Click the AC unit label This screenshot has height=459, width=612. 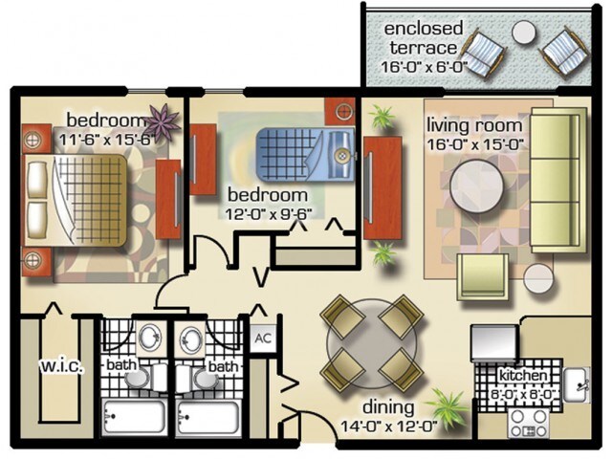(263, 338)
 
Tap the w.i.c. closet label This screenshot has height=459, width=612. (61, 366)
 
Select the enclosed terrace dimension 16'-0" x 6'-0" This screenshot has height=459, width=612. (425, 67)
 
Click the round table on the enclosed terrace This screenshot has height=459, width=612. (524, 33)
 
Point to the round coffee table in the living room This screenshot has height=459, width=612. (476, 186)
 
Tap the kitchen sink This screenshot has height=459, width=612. (577, 384)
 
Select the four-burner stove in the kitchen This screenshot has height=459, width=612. (529, 424)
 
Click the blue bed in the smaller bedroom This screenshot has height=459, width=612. (305, 156)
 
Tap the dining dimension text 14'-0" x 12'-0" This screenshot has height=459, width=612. (389, 426)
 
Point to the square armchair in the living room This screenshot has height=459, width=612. (483, 276)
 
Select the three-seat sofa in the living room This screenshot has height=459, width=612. (558, 181)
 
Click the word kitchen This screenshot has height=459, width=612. (523, 376)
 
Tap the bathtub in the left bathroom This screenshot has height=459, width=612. (134, 417)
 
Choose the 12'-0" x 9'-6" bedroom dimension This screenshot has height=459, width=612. (269, 214)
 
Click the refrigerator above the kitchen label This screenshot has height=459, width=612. (494, 342)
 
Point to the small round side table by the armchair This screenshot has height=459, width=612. (538, 278)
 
